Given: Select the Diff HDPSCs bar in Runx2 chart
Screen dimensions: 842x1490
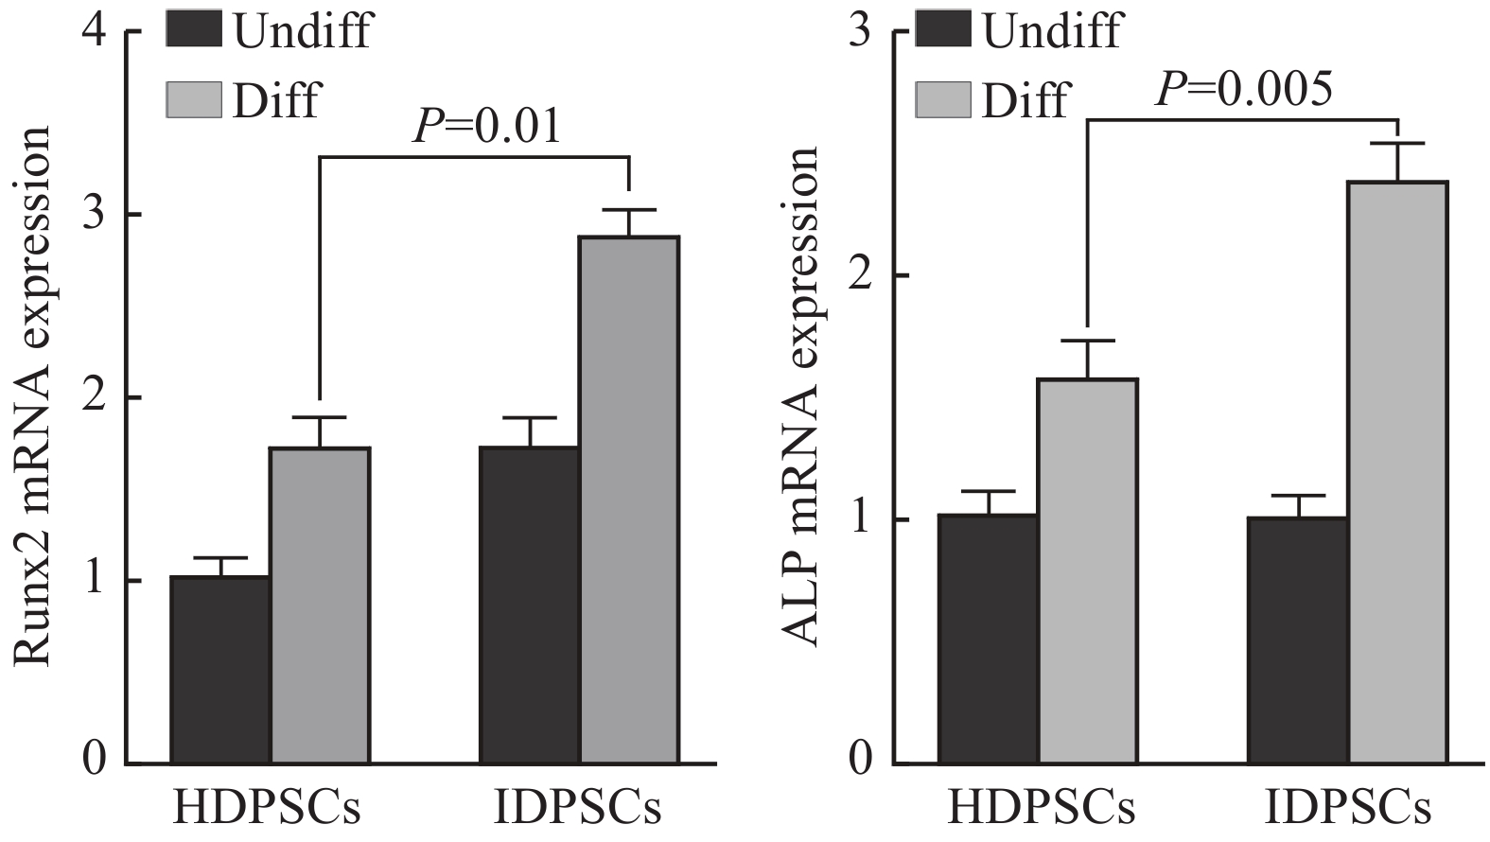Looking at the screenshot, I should (320, 605).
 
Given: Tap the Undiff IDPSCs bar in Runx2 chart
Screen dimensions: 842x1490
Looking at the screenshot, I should (530, 605).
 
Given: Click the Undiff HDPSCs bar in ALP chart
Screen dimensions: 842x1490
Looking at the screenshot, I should (988, 639).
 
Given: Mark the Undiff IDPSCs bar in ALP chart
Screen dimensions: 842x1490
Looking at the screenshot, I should (1298, 640).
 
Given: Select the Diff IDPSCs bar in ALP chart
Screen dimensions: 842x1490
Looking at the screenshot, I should (1398, 472).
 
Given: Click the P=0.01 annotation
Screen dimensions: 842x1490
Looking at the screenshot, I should (486, 127).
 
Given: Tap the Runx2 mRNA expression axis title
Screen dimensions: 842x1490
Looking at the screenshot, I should (34, 397).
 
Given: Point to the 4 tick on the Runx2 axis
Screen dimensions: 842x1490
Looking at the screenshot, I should (95, 32).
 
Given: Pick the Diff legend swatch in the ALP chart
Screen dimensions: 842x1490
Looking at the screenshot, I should (943, 99).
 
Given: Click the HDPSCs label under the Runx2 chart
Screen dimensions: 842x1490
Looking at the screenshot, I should (267, 810).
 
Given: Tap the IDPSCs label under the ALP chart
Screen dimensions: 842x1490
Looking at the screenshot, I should (1348, 810).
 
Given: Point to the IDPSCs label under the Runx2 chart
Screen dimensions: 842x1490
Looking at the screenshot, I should (578, 810).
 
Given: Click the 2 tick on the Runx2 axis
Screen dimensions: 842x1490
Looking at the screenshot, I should (95, 397).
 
